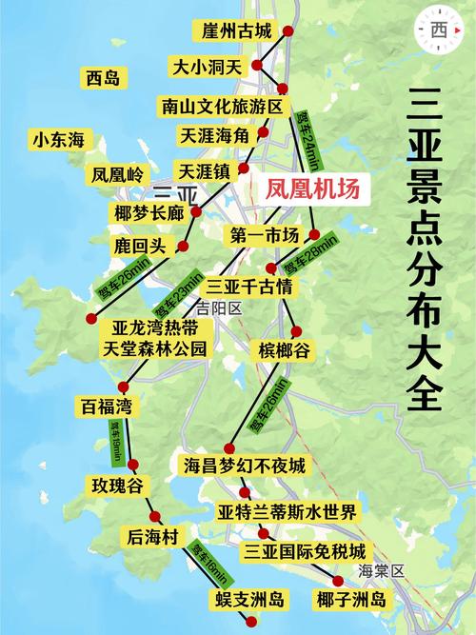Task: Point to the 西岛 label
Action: pyautogui.click(x=102, y=78)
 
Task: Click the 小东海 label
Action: pyautogui.click(x=59, y=140)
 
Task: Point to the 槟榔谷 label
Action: pyautogui.click(x=284, y=351)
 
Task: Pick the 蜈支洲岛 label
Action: pyautogui.click(x=249, y=599)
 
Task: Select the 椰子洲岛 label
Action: pyautogui.click(x=351, y=599)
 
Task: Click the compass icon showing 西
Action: pyautogui.click(x=439, y=30)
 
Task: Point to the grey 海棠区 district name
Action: pyautogui.click(x=382, y=571)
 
